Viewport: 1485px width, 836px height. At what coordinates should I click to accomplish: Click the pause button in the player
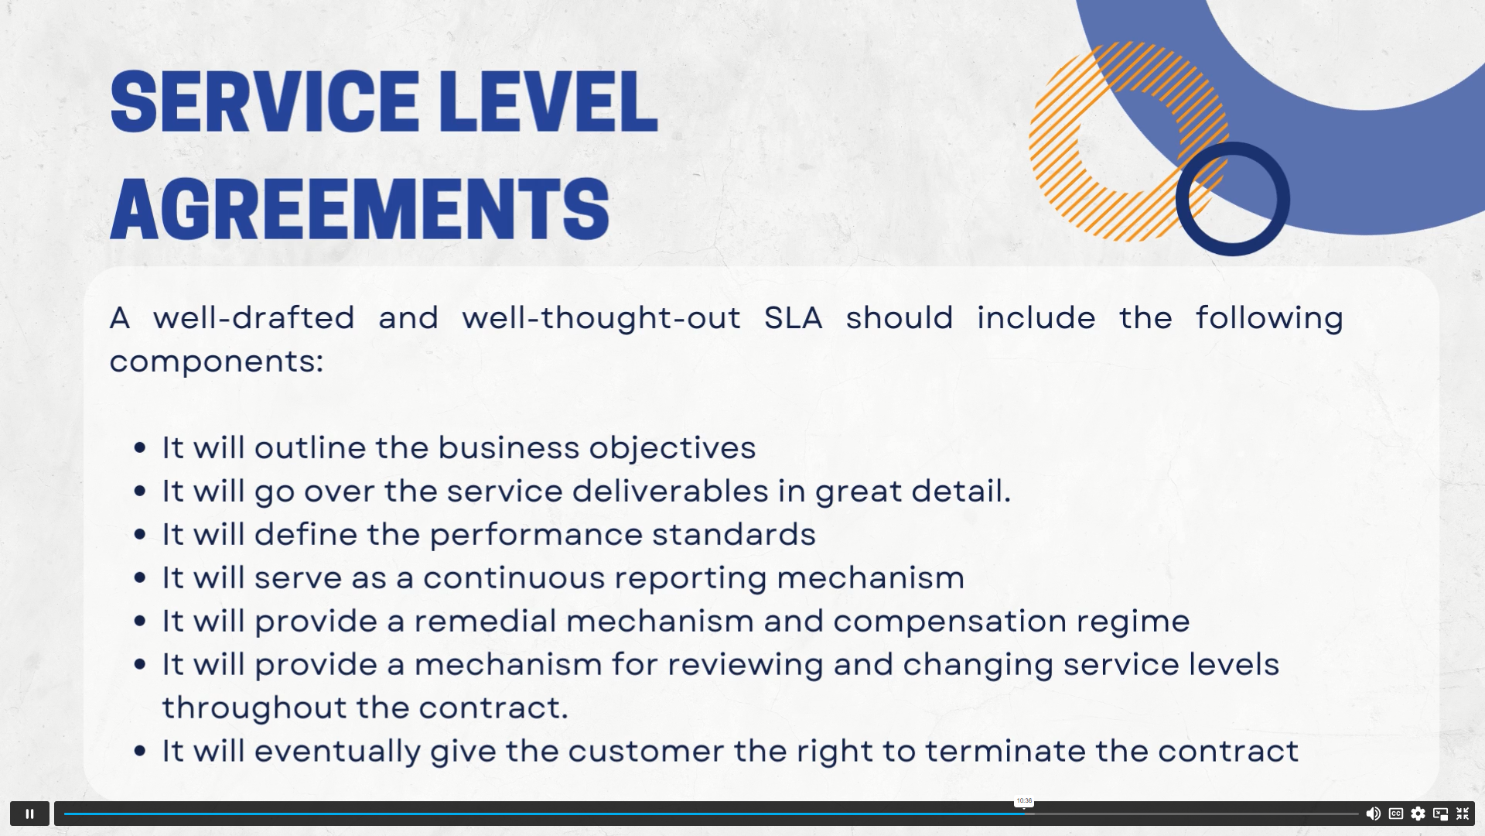(x=29, y=814)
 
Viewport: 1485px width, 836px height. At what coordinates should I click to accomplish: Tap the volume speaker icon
(x=1373, y=814)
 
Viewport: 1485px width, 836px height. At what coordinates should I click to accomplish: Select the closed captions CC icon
(x=1396, y=814)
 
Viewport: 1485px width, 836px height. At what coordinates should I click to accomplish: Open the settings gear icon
(x=1418, y=814)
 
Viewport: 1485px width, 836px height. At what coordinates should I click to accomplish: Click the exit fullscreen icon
(x=1463, y=814)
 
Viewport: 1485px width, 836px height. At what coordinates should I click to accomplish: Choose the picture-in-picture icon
(x=1440, y=814)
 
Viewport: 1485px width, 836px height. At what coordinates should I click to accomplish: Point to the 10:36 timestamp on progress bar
(x=1024, y=801)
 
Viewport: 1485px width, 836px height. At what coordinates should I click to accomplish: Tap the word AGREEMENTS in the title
(x=360, y=208)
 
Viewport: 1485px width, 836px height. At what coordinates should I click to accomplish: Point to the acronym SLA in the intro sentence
(x=794, y=318)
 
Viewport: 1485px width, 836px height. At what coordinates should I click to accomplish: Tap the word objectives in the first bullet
(x=672, y=448)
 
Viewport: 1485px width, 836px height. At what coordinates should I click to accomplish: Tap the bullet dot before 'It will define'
(x=140, y=534)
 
